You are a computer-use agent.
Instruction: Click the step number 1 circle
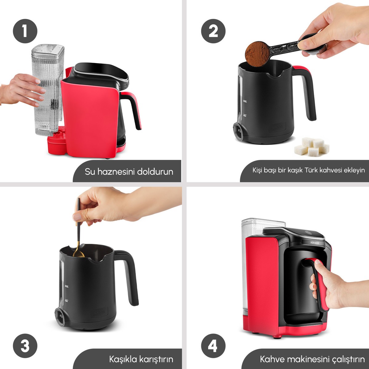(x=25, y=31)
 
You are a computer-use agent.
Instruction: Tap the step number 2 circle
(x=213, y=31)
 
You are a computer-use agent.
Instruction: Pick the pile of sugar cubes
(x=311, y=147)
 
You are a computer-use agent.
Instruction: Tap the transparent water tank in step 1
(x=48, y=90)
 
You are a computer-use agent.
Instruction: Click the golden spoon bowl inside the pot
(x=78, y=254)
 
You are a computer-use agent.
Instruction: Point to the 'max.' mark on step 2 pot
(x=245, y=101)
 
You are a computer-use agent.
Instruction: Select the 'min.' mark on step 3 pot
(x=66, y=300)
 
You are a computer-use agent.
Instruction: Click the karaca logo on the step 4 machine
(x=315, y=243)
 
